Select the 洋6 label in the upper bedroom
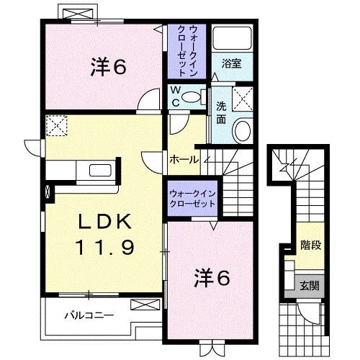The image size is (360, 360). click(109, 67)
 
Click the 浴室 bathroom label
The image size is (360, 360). click(231, 63)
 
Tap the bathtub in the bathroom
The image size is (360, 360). click(231, 40)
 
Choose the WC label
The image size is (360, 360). click(176, 96)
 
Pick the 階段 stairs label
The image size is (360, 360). click(311, 245)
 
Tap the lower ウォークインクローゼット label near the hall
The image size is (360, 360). click(192, 198)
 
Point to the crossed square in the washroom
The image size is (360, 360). click(244, 97)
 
